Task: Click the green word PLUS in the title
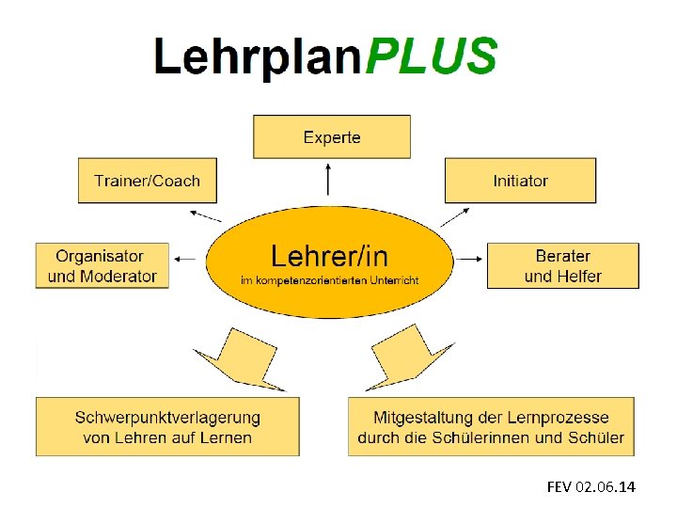[431, 56]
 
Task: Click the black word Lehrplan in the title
[259, 58]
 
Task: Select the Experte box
[332, 137]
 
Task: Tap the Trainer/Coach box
[147, 181]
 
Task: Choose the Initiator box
[520, 181]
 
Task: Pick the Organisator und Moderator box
[102, 266]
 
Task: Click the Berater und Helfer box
[562, 266]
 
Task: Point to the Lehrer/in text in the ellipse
[329, 255]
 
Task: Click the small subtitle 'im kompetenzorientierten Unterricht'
[329, 280]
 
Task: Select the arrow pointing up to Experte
[329, 179]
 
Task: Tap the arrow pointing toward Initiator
[453, 216]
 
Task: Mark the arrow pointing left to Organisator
[186, 258]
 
